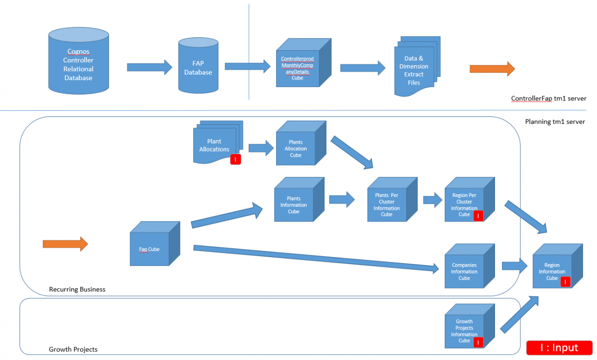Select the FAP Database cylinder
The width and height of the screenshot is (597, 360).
coord(198,67)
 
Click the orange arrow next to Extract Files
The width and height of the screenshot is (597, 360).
coord(492,69)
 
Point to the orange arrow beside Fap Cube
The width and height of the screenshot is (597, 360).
coord(65,244)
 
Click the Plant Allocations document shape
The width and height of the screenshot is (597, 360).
coord(214,145)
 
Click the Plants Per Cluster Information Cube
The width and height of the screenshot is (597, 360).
coord(387,204)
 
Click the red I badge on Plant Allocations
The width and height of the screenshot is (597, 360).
coord(235,160)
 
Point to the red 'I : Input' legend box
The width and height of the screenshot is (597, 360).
coord(559,348)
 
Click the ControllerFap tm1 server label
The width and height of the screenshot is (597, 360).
coord(548,98)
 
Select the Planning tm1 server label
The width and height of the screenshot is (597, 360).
coord(555,122)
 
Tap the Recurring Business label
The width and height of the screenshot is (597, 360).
coord(77,289)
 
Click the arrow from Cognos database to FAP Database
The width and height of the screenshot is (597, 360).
coord(149,67)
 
